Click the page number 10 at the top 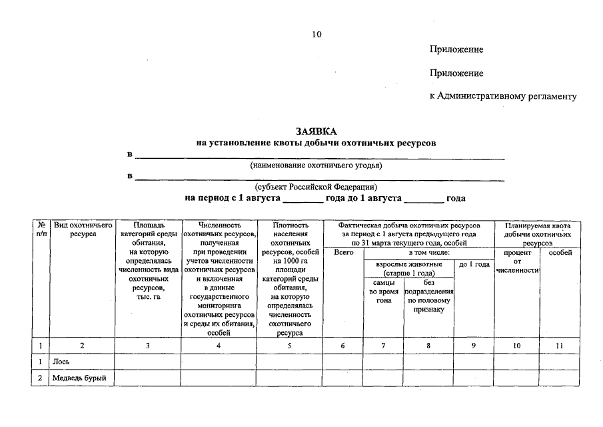click(316, 34)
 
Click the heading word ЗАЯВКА click(316, 131)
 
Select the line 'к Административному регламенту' click(503, 96)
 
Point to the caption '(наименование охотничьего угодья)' click(316, 165)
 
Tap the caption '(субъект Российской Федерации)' click(316, 187)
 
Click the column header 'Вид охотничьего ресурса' click(83, 230)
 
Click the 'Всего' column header click(343, 254)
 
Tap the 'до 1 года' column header click(474, 264)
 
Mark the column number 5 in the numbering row click(289, 346)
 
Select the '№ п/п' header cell click(42, 230)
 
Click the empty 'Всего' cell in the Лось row click(343, 362)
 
